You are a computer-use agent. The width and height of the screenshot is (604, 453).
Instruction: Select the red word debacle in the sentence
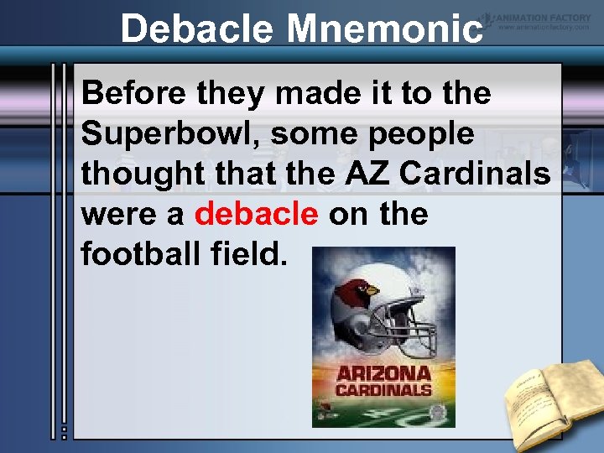click(x=256, y=215)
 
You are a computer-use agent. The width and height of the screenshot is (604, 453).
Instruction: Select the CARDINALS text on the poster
click(x=384, y=390)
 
